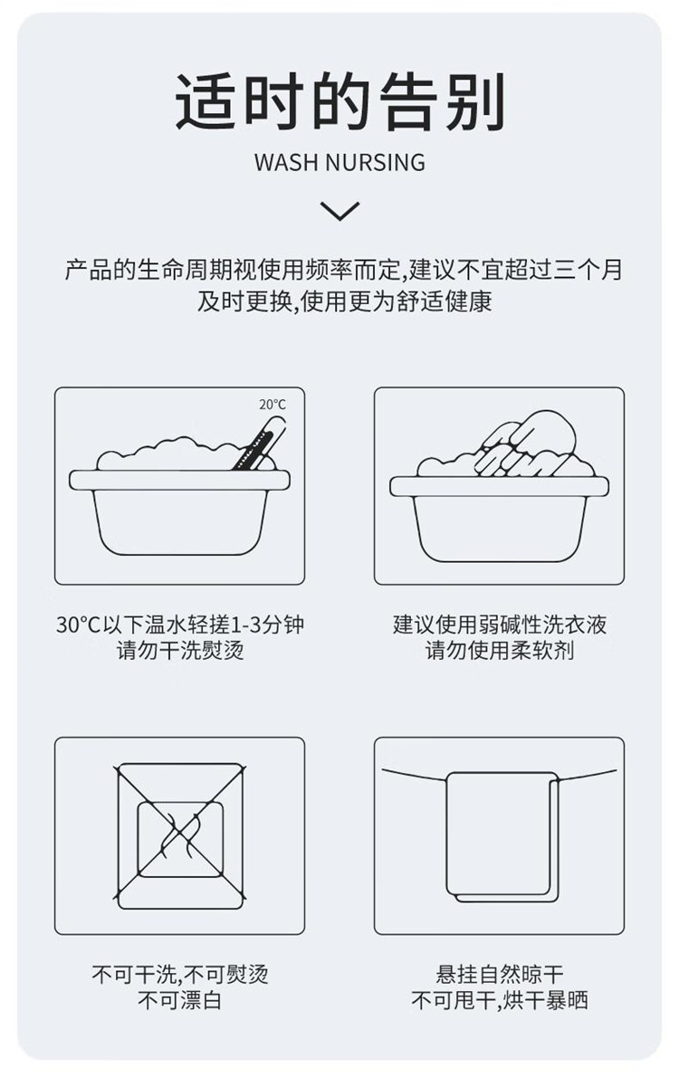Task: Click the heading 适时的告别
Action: [339, 101]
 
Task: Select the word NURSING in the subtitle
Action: [375, 162]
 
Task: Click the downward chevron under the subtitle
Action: [339, 210]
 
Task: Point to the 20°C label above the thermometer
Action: [272, 405]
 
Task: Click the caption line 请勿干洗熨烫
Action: [180, 651]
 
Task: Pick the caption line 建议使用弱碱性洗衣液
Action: [500, 625]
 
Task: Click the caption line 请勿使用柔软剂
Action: [500, 651]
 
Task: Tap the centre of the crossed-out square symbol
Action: [180, 836]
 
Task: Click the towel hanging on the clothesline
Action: [502, 836]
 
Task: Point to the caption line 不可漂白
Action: [180, 1000]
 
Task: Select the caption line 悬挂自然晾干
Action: [500, 974]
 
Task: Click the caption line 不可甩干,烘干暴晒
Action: [500, 1000]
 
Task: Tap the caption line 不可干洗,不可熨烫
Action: [180, 974]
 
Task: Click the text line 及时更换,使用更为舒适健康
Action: [345, 301]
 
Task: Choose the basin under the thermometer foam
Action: [179, 512]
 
